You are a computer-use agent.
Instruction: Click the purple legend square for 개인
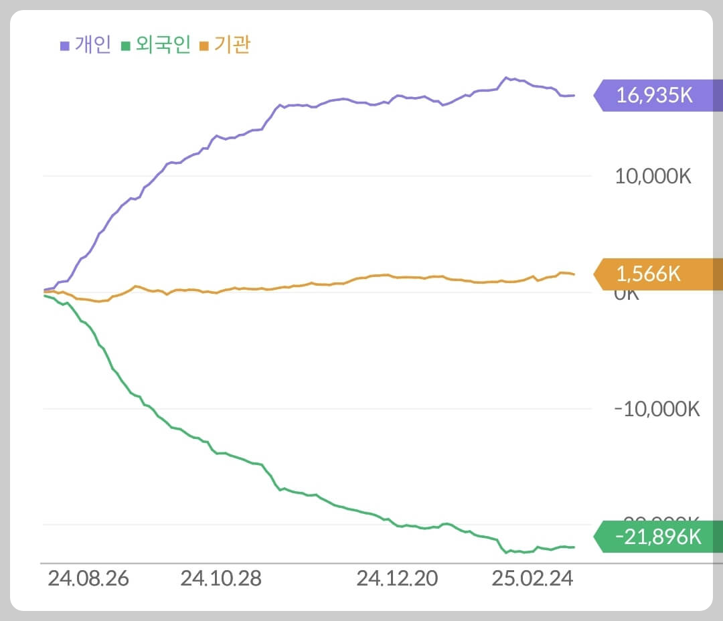coord(65,46)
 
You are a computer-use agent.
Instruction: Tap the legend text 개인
coord(92,46)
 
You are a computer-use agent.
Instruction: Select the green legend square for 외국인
coord(125,46)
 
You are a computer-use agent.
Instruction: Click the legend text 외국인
coord(163,46)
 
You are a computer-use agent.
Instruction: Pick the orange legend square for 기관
coord(204,46)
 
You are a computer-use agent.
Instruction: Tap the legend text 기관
coord(233,46)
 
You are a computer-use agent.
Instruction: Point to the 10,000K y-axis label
coord(653,177)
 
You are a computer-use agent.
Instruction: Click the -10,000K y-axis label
coord(657,409)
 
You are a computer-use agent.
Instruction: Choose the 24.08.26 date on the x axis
coord(88,579)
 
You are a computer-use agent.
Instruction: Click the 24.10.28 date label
coord(220,579)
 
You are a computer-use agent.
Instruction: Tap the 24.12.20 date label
coord(397,579)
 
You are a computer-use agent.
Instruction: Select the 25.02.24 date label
coord(532,579)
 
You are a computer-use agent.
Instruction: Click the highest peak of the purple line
coord(506,78)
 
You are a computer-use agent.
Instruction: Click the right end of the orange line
coord(574,274)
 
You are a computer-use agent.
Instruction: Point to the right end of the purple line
coord(574,95)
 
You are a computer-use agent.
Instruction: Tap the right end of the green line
coord(574,547)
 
